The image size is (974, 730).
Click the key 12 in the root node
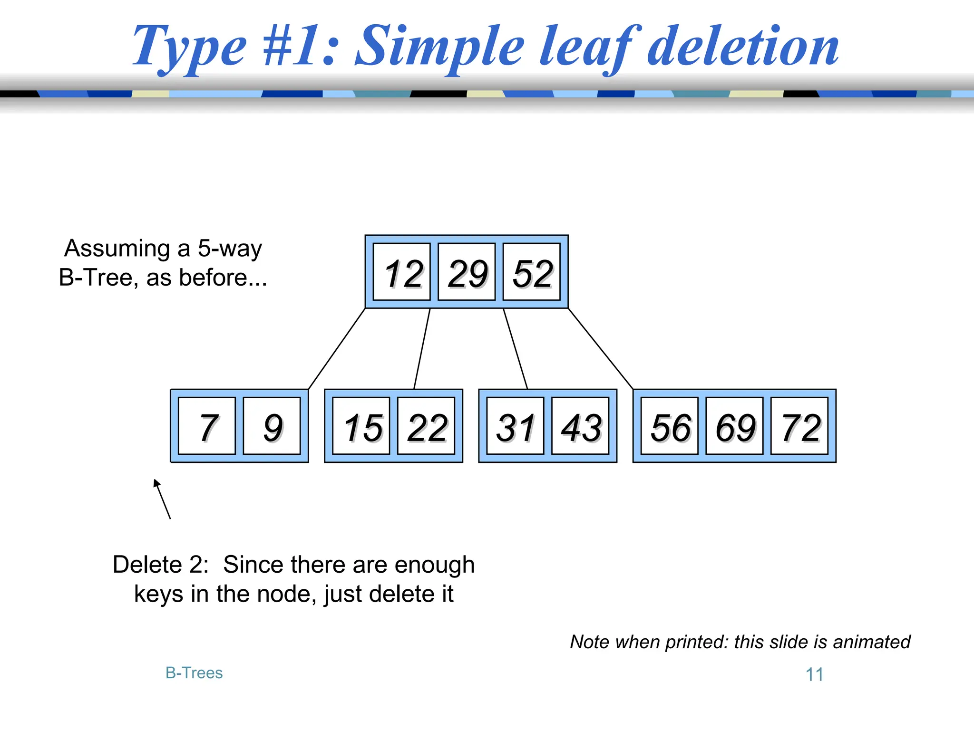click(x=402, y=272)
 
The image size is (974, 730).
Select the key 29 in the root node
click(x=467, y=272)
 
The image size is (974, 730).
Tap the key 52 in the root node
click(x=532, y=272)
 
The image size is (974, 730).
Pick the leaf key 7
click(x=207, y=426)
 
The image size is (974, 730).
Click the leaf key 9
click(x=272, y=426)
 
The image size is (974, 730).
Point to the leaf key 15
click(x=361, y=426)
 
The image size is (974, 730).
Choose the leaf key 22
click(x=426, y=426)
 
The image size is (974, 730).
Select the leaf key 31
click(x=515, y=426)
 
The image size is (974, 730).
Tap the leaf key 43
click(x=580, y=426)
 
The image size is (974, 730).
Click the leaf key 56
click(x=670, y=426)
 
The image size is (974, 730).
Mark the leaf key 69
click(x=734, y=426)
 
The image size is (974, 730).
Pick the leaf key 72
click(x=799, y=426)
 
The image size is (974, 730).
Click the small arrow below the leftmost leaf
click(x=162, y=499)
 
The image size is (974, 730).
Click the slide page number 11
click(x=814, y=674)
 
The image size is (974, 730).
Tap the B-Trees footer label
click(x=194, y=673)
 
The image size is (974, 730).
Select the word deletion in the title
click(x=743, y=48)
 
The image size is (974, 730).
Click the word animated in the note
click(x=871, y=642)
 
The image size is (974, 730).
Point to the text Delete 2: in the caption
click(x=161, y=565)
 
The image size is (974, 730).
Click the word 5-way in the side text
click(x=230, y=249)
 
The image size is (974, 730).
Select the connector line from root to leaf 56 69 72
click(x=600, y=348)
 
